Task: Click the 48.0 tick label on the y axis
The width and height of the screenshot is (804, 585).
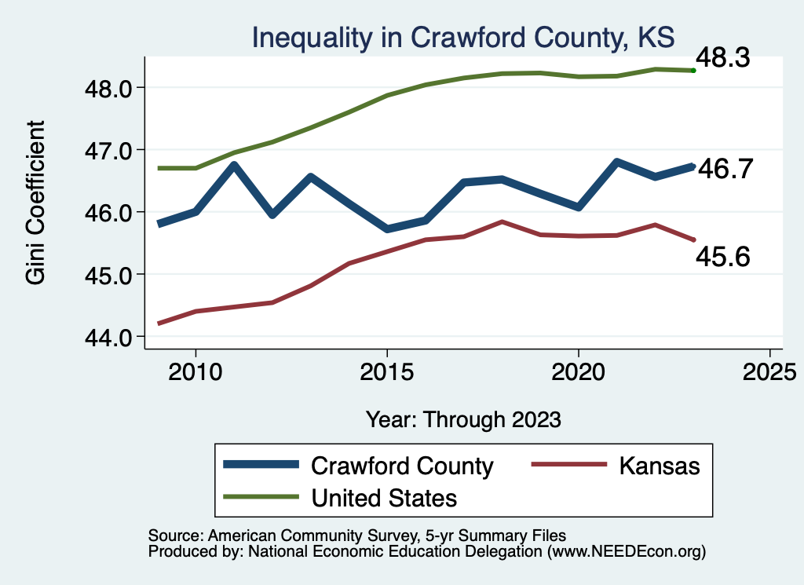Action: click(109, 87)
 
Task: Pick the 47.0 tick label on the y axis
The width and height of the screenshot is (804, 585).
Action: click(109, 149)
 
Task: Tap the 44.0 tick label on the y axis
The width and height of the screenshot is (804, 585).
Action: click(109, 337)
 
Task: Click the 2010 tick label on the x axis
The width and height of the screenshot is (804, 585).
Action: click(196, 371)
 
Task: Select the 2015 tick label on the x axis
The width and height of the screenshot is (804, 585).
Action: click(387, 371)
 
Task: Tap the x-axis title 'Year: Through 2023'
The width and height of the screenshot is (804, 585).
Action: click(463, 419)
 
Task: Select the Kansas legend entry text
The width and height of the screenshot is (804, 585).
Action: click(659, 466)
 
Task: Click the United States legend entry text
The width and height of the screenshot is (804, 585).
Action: click(384, 497)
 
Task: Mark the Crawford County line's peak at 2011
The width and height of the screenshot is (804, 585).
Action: click(234, 165)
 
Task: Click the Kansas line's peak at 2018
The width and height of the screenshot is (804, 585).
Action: click(502, 222)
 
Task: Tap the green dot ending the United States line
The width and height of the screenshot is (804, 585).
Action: click(693, 71)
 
